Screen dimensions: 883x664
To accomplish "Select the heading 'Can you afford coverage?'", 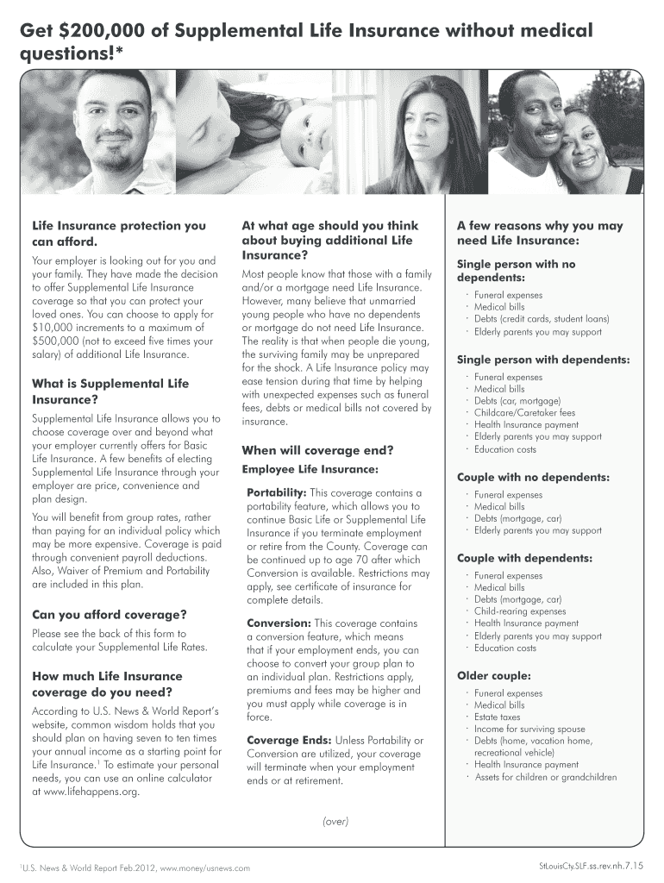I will click(x=109, y=615).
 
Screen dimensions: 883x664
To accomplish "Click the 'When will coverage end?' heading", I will click(x=317, y=450).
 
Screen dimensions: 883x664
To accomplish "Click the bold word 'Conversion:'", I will click(x=279, y=623).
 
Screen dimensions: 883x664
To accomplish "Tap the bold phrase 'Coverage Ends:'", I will click(x=287, y=740).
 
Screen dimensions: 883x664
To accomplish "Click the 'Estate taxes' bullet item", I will click(x=498, y=717).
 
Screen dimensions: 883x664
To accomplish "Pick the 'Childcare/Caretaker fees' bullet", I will click(x=524, y=412).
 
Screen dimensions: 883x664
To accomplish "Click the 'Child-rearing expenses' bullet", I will click(x=520, y=611).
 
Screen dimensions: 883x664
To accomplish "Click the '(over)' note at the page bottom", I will click(x=335, y=821).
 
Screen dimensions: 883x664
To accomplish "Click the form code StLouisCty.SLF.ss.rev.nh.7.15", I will click(x=591, y=865).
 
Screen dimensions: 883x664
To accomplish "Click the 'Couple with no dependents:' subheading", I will click(x=533, y=477).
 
